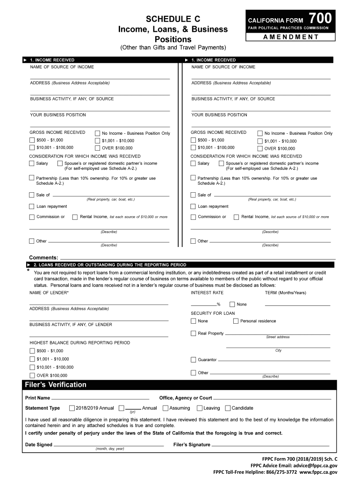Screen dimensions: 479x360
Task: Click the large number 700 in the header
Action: click(x=321, y=18)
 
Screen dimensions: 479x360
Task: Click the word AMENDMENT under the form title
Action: click(x=290, y=37)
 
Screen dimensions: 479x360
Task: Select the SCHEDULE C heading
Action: click(x=173, y=19)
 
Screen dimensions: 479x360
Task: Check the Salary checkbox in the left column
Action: click(x=32, y=163)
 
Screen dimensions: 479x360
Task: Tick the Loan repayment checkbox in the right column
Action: click(x=193, y=206)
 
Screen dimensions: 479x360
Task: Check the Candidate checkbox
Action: click(x=228, y=408)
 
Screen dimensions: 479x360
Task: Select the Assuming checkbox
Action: click(x=166, y=408)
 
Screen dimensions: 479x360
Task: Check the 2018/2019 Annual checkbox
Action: click(x=72, y=408)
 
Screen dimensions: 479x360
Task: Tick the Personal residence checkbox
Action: click(x=236, y=321)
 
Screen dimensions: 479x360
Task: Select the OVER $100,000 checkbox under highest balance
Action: click(x=32, y=375)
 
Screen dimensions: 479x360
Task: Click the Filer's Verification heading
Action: click(x=55, y=385)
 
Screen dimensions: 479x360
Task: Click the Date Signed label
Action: click(x=39, y=445)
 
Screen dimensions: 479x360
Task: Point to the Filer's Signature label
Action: click(x=192, y=445)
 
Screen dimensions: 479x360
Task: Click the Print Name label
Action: click(x=37, y=398)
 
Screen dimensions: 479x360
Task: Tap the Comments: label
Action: click(x=44, y=258)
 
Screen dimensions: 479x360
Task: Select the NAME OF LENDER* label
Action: click(x=49, y=293)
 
